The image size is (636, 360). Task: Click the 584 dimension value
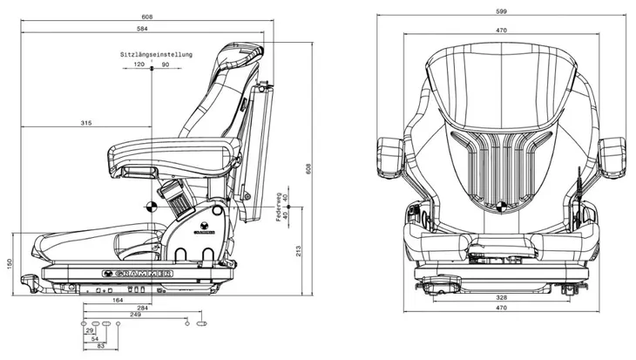pyautogui.click(x=142, y=29)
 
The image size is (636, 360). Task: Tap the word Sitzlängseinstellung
pyautogui.click(x=156, y=54)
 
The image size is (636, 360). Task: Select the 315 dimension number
pyautogui.click(x=86, y=123)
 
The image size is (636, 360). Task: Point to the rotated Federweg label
pyautogui.click(x=279, y=207)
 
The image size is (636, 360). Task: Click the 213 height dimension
pyautogui.click(x=299, y=251)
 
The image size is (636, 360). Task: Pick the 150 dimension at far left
pyautogui.click(x=10, y=264)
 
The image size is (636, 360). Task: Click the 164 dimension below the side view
pyautogui.click(x=118, y=301)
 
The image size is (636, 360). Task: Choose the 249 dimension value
pyautogui.click(x=135, y=315)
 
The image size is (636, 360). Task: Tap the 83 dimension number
pyautogui.click(x=100, y=346)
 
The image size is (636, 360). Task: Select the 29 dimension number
pyautogui.click(x=90, y=330)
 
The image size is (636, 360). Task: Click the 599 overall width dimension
pyautogui.click(x=501, y=11)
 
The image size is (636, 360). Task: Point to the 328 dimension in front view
pyautogui.click(x=501, y=297)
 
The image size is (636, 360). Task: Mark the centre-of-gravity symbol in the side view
pyautogui.click(x=151, y=207)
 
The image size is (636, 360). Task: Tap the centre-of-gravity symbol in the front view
pyautogui.click(x=501, y=207)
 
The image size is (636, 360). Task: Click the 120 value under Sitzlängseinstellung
pyautogui.click(x=139, y=65)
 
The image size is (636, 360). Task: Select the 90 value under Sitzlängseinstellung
pyautogui.click(x=166, y=65)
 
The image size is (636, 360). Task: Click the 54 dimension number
pyautogui.click(x=95, y=338)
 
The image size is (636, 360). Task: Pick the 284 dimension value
pyautogui.click(x=142, y=308)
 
